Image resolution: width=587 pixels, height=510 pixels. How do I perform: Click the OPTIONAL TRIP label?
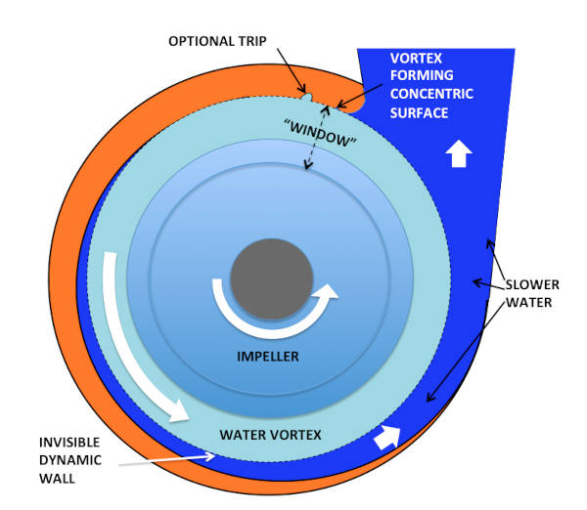point(217,41)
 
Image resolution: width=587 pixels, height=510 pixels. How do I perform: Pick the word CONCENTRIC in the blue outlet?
point(432,94)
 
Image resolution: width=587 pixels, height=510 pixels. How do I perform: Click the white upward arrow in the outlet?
point(454,153)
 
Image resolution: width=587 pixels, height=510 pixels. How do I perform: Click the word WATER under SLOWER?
point(528,302)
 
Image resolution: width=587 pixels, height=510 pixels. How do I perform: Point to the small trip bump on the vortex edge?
point(307,96)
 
